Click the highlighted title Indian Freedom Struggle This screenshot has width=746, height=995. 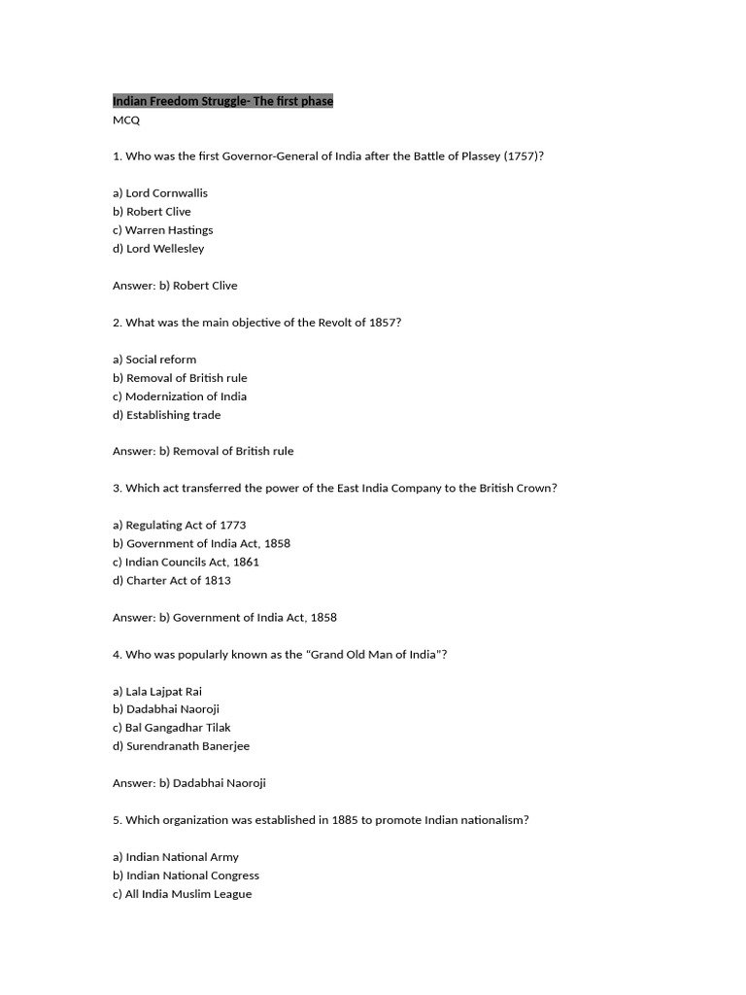[222, 101]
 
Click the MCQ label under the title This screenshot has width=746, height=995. [126, 120]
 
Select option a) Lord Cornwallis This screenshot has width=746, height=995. [160, 193]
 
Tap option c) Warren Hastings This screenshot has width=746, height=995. [162, 230]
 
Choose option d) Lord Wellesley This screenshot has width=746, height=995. [158, 249]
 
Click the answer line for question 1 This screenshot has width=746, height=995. [175, 286]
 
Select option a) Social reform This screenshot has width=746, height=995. [154, 360]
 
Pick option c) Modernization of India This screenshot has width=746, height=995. [180, 396]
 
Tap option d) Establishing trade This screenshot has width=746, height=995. [166, 415]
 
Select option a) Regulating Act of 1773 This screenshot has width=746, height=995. [180, 526]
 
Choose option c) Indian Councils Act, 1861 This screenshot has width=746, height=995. [186, 563]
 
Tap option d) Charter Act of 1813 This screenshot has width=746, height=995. [172, 581]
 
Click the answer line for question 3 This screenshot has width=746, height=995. [224, 618]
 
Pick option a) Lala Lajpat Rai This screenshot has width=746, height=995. [157, 692]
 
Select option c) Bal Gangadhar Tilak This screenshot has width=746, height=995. [171, 728]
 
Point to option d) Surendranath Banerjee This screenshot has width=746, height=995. [181, 746]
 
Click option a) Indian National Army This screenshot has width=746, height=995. [176, 857]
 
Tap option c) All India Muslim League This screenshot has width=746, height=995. [182, 894]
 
